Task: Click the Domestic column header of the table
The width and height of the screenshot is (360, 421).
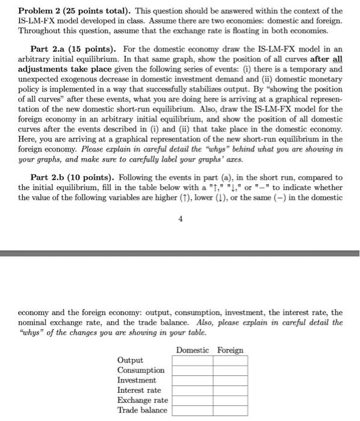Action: [x=192, y=350]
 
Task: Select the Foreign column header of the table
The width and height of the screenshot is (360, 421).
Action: [x=230, y=350]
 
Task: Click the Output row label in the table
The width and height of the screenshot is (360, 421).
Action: [x=131, y=360]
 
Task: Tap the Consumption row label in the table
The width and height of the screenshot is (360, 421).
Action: [x=140, y=370]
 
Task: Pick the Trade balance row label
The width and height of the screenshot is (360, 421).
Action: [x=141, y=410]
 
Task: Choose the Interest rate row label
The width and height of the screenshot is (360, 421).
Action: [x=139, y=390]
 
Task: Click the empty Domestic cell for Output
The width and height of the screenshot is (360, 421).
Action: [x=192, y=361]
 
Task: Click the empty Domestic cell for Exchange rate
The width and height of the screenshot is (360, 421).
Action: [x=192, y=401]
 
